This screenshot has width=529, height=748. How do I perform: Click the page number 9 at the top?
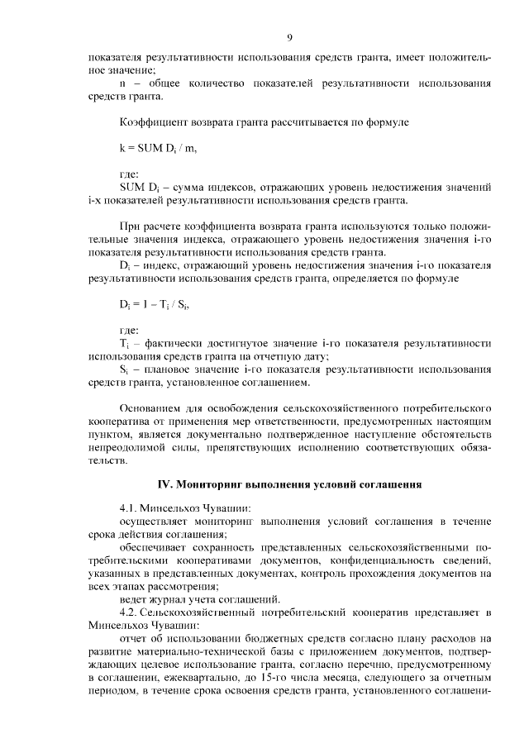tap(289, 36)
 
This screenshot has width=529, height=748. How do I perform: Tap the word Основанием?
tap(154, 408)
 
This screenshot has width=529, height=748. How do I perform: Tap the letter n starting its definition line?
tap(123, 83)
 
